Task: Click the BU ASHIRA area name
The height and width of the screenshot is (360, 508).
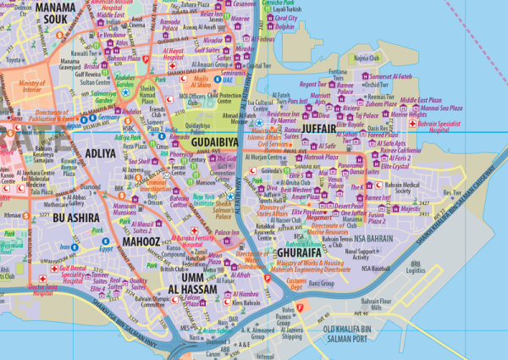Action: coord(75,218)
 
